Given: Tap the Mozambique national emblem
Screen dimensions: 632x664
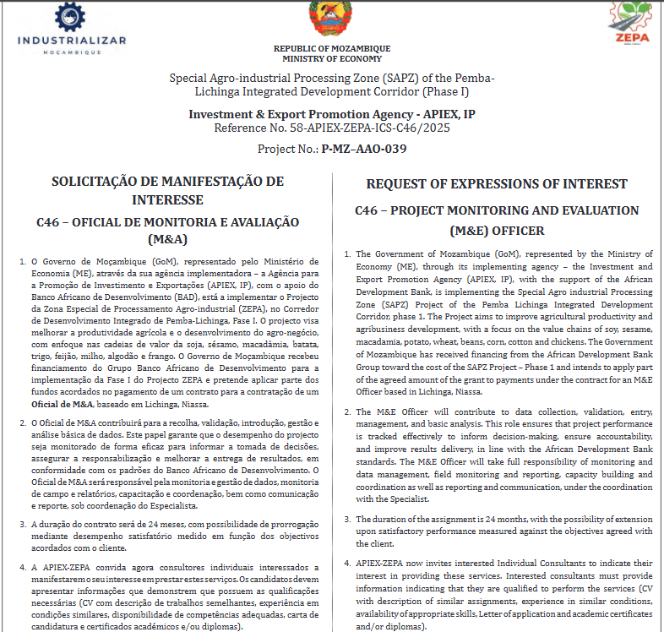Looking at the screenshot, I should coord(330,18).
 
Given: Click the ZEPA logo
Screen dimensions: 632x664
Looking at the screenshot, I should coord(630,25).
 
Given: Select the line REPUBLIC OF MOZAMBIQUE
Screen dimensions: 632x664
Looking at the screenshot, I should coord(332,49).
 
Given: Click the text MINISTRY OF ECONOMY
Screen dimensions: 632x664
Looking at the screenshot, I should coord(332,59).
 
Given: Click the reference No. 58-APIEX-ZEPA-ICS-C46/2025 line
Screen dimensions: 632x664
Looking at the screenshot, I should coord(332,128).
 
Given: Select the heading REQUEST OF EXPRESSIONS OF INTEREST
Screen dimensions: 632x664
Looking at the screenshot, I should coord(497,184).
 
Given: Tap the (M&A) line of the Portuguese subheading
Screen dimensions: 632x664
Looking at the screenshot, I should coord(167,239).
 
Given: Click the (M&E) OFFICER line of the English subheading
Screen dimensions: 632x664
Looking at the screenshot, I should coord(497,230).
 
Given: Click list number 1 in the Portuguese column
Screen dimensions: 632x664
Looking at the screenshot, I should coord(22,262).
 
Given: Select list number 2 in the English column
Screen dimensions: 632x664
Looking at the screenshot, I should coord(348,411).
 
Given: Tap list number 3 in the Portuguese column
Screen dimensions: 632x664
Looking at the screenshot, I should coord(22,524).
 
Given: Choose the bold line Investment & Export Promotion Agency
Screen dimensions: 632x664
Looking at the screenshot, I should coord(332,113).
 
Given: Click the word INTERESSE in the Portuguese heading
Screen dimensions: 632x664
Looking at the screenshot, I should coord(167,200).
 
